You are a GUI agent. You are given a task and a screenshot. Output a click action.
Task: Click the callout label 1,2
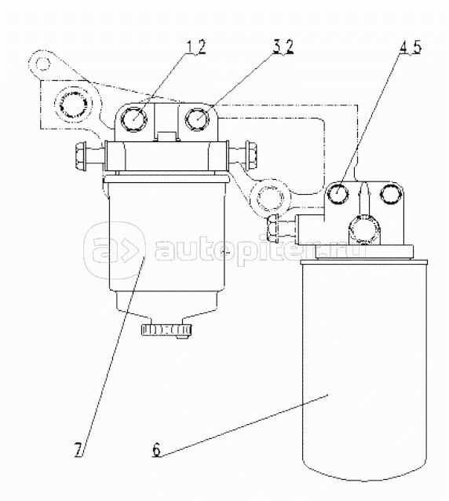pyautogui.click(x=195, y=48)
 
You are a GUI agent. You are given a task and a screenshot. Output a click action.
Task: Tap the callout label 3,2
pyautogui.click(x=283, y=47)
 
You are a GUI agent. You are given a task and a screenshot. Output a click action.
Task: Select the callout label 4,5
pyautogui.click(x=410, y=46)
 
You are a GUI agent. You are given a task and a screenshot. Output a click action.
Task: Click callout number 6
pyautogui.click(x=156, y=450)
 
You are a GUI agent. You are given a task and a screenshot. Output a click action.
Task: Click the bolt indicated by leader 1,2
pyautogui.click(x=134, y=119)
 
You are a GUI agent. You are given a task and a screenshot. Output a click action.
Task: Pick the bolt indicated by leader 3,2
pyautogui.click(x=198, y=119)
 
